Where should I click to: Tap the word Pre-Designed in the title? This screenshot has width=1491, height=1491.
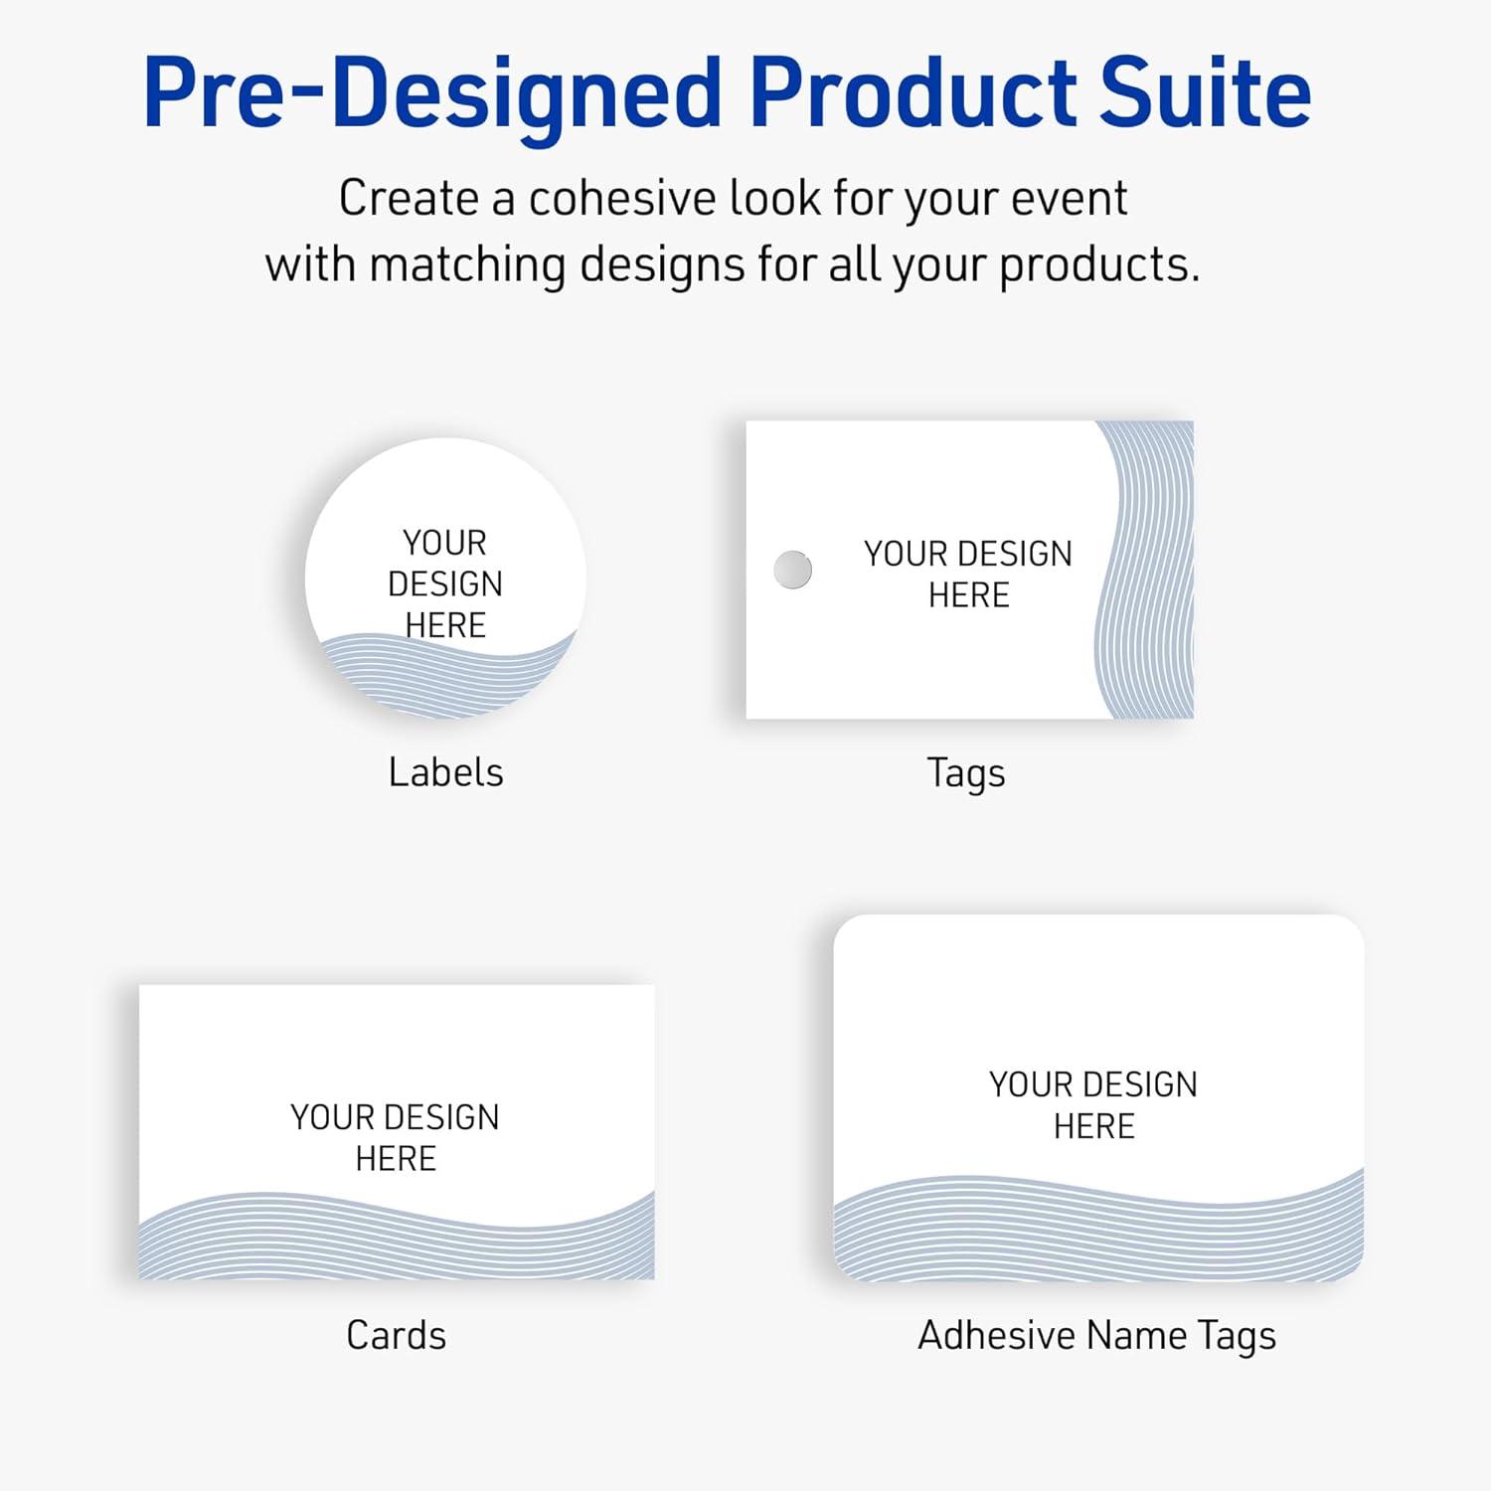tap(431, 94)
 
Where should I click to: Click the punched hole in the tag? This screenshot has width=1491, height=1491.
tap(792, 570)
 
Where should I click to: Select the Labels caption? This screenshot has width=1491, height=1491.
tap(445, 772)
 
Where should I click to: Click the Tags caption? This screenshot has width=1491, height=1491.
tap(965, 773)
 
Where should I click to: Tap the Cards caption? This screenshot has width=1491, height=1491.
tap(396, 1335)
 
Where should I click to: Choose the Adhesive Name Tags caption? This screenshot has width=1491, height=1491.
tap(1096, 1336)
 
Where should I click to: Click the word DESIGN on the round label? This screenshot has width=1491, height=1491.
tap(445, 583)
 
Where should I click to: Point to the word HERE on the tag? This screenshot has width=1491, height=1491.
tap(968, 595)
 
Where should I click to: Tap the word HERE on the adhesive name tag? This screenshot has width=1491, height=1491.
tap(1093, 1126)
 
